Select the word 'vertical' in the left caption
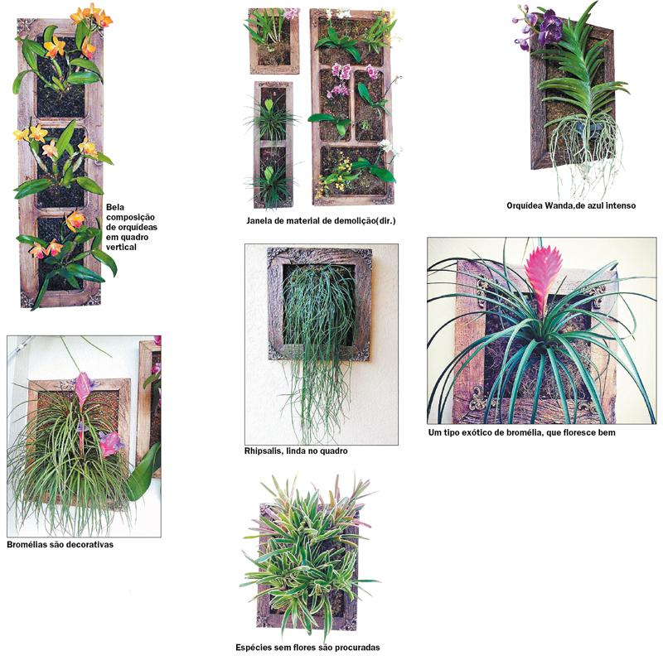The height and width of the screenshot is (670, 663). click(x=121, y=247)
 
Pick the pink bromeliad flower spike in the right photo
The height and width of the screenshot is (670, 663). click(x=542, y=274)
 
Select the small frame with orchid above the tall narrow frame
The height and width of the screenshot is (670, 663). click(x=274, y=41)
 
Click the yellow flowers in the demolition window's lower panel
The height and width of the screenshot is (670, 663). click(x=337, y=176)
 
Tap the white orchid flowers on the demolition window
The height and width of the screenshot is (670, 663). click(x=392, y=147)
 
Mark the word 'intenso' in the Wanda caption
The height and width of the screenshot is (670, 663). click(x=622, y=205)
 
